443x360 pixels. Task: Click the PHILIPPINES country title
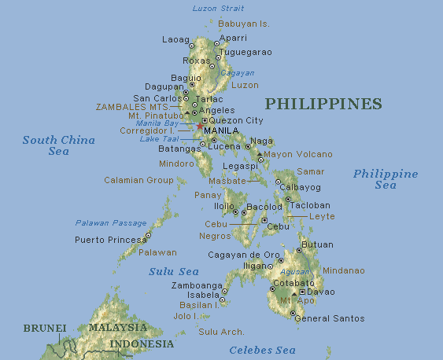point(323,104)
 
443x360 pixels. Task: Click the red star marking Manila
point(200,126)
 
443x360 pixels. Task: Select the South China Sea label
point(58,145)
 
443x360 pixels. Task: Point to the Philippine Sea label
point(385,179)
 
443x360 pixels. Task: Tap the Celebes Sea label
point(262,350)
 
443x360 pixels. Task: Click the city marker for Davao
point(302,292)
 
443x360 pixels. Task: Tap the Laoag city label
point(175,39)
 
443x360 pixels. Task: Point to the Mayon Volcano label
point(298,154)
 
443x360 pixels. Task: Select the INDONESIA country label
point(142,344)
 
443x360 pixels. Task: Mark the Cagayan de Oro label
point(244,255)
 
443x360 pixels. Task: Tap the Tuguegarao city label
point(245,52)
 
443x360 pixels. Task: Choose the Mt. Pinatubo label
point(155,116)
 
